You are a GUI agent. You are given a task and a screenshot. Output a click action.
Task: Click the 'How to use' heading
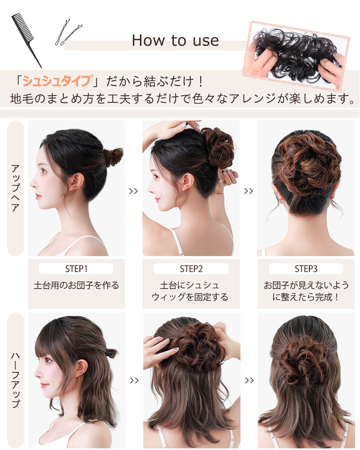click(x=175, y=40)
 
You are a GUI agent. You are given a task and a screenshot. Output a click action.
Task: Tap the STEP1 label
click(x=76, y=268)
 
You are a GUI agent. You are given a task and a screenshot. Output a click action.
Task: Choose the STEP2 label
click(x=191, y=268)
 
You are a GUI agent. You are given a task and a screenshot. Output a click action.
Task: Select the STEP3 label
click(x=306, y=268)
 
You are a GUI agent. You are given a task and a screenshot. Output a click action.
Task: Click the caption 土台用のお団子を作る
click(x=76, y=286)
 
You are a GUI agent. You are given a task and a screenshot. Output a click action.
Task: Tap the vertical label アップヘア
click(x=15, y=187)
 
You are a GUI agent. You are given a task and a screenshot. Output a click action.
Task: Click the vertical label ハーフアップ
click(x=15, y=379)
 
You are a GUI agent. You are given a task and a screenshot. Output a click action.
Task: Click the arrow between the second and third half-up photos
click(x=249, y=380)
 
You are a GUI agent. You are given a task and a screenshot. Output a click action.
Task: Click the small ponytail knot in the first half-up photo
click(x=111, y=353)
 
